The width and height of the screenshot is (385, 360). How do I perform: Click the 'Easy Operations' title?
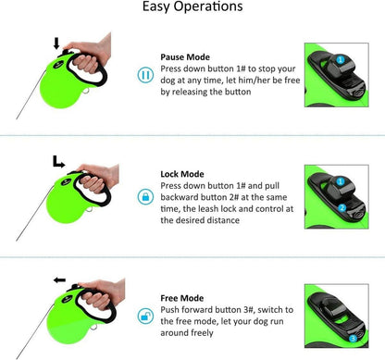click(192, 6)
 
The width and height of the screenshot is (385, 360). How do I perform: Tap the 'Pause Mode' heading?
click(185, 57)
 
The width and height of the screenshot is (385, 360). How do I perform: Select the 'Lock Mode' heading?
click(182, 174)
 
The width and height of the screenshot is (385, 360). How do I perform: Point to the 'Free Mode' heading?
click(182, 298)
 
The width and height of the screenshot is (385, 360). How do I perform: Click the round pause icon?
click(145, 75)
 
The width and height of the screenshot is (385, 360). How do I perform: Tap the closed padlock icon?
click(145, 196)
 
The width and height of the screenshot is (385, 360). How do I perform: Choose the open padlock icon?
click(145, 316)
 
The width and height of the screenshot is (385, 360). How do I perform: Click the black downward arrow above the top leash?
click(56, 43)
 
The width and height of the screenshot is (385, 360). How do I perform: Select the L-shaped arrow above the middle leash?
click(58, 162)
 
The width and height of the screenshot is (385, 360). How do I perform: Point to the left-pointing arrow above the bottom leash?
click(59, 280)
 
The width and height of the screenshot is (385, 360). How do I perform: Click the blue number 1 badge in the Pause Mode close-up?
click(340, 59)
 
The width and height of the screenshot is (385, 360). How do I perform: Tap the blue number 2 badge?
click(342, 208)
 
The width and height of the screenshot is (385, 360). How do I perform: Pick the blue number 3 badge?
click(353, 339)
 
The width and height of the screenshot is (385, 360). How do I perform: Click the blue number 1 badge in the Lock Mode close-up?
click(340, 181)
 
